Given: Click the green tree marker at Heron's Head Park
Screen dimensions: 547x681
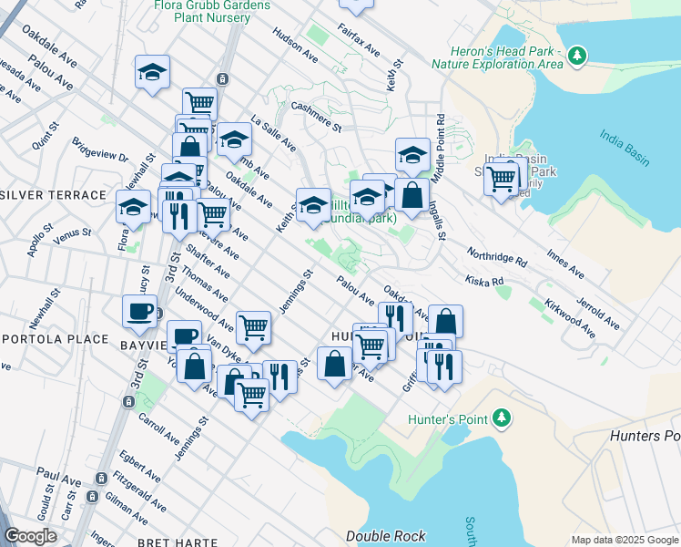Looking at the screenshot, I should click(x=575, y=57).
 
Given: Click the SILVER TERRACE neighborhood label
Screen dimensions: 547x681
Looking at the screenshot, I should click(x=53, y=196).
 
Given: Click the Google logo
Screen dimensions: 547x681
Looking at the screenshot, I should click(x=30, y=536).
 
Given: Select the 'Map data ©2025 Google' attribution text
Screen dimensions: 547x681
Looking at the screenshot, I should click(x=625, y=539).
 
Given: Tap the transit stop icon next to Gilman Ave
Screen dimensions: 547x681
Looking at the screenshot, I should click(x=92, y=497).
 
